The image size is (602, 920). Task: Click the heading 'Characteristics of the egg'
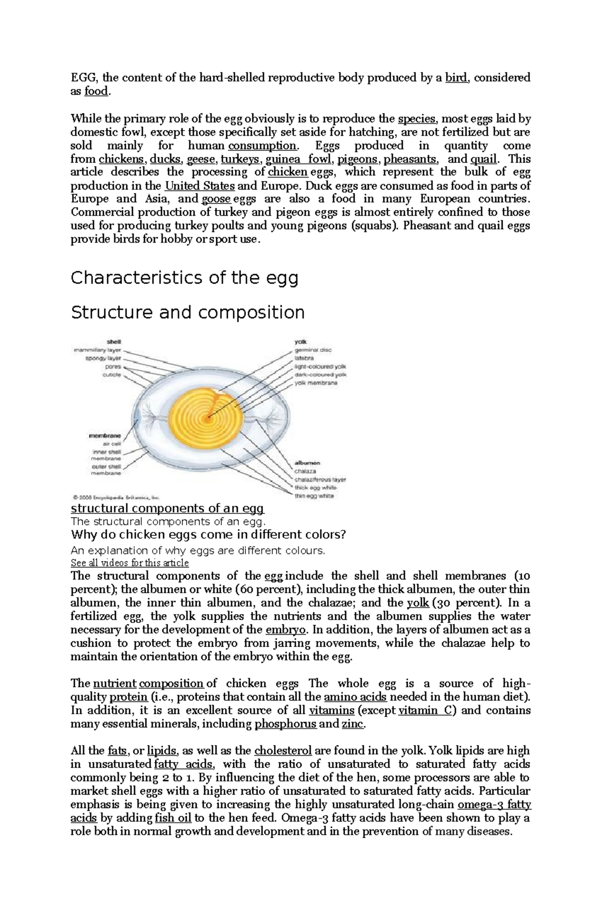pos(184,278)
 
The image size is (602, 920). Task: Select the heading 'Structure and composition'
pos(188,312)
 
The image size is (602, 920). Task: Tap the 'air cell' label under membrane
pos(112,444)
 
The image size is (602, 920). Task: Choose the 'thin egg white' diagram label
pos(314,496)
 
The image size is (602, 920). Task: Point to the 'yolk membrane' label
pos(316,383)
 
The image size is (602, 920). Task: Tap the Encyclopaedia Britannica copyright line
pos(116,498)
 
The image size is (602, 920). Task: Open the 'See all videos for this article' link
pos(130,563)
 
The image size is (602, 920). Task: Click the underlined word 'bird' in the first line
pos(456,78)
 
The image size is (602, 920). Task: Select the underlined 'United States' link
pos(200,186)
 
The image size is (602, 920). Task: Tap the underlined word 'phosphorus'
pos(285,724)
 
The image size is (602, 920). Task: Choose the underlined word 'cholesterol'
pos(283,751)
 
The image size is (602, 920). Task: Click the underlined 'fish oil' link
pos(173,818)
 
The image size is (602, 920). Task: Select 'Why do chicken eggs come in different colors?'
pos(209,534)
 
